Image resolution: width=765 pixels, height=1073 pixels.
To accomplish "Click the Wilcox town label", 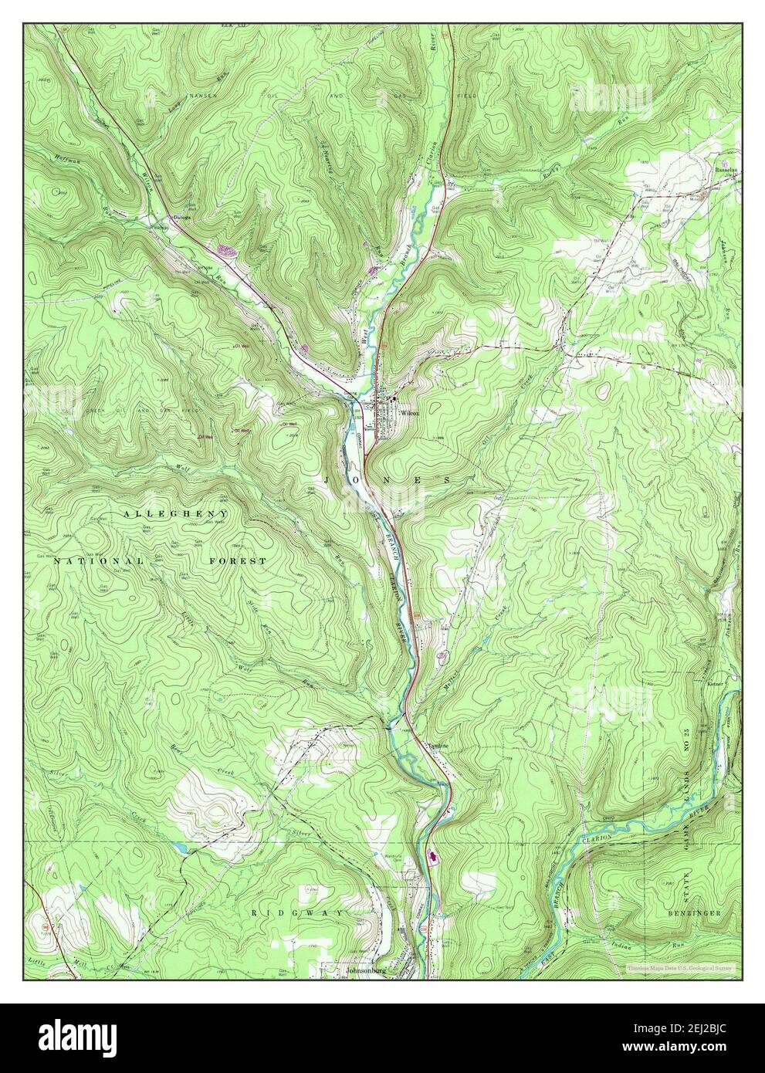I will point(408,413).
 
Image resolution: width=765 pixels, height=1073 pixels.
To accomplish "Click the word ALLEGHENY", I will point(174,513).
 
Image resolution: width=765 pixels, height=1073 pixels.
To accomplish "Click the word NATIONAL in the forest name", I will point(98,561).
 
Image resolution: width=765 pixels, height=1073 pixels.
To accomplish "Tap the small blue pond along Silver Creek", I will point(181,847).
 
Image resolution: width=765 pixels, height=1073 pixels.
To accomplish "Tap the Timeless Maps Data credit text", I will point(679,967).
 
